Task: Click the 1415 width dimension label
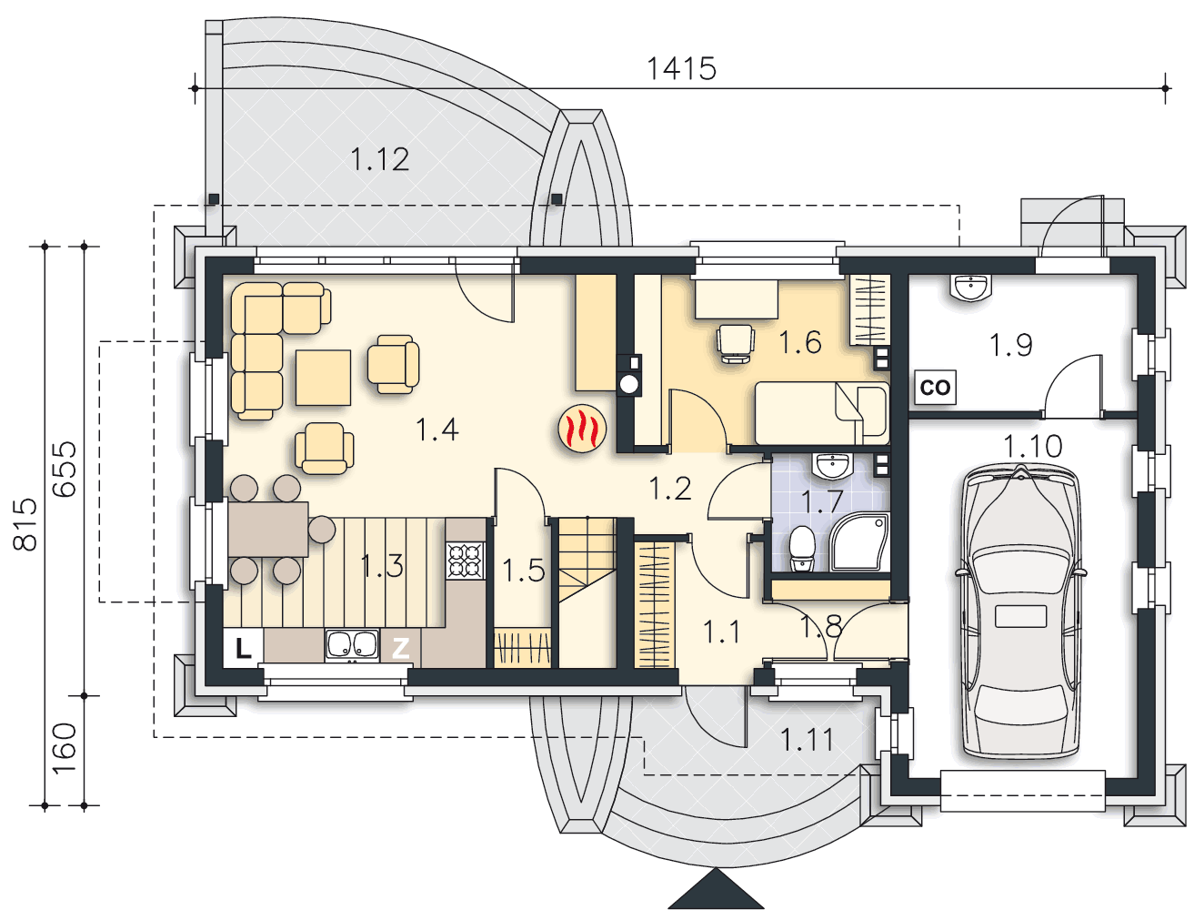681,69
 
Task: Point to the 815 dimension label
25,523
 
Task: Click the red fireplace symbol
582,429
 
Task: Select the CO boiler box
935,387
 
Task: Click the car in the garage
1020,612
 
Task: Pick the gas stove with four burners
466,561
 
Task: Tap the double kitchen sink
352,644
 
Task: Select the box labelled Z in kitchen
400,648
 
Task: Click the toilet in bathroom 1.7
802,548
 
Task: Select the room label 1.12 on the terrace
379,160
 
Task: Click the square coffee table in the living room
323,378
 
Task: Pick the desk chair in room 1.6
735,343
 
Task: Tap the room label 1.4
437,430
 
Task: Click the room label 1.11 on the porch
807,739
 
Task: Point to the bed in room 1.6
821,413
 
